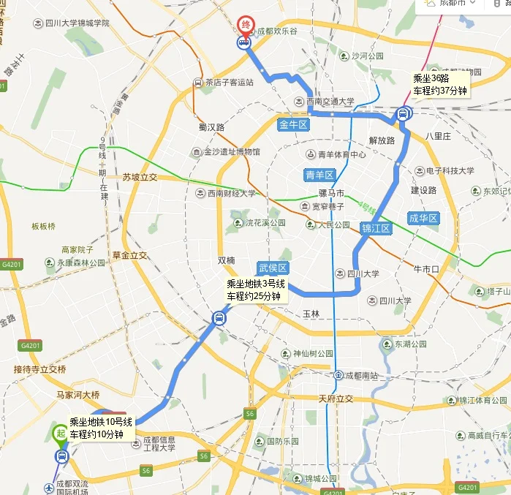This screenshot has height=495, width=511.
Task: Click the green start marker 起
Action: pyautogui.click(x=60, y=433)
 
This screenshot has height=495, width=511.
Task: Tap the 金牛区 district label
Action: pyautogui.click(x=295, y=125)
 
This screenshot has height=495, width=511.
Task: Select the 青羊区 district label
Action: pyautogui.click(x=319, y=175)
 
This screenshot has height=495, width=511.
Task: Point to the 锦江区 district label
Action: pyautogui.click(x=376, y=229)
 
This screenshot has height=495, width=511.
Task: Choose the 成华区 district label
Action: pyautogui.click(x=423, y=218)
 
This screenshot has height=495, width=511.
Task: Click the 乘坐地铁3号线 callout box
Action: pyautogui.click(x=254, y=290)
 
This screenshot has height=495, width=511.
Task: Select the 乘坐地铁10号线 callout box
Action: pyautogui.click(x=102, y=428)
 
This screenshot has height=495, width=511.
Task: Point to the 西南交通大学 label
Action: pyautogui.click(x=330, y=101)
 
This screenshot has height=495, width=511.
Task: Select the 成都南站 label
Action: pyautogui.click(x=362, y=376)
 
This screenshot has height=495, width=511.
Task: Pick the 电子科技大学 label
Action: pyautogui.click(x=450, y=170)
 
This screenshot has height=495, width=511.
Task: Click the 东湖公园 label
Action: pyautogui.click(x=409, y=344)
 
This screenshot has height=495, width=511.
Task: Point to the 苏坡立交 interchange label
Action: pyautogui.click(x=140, y=177)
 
